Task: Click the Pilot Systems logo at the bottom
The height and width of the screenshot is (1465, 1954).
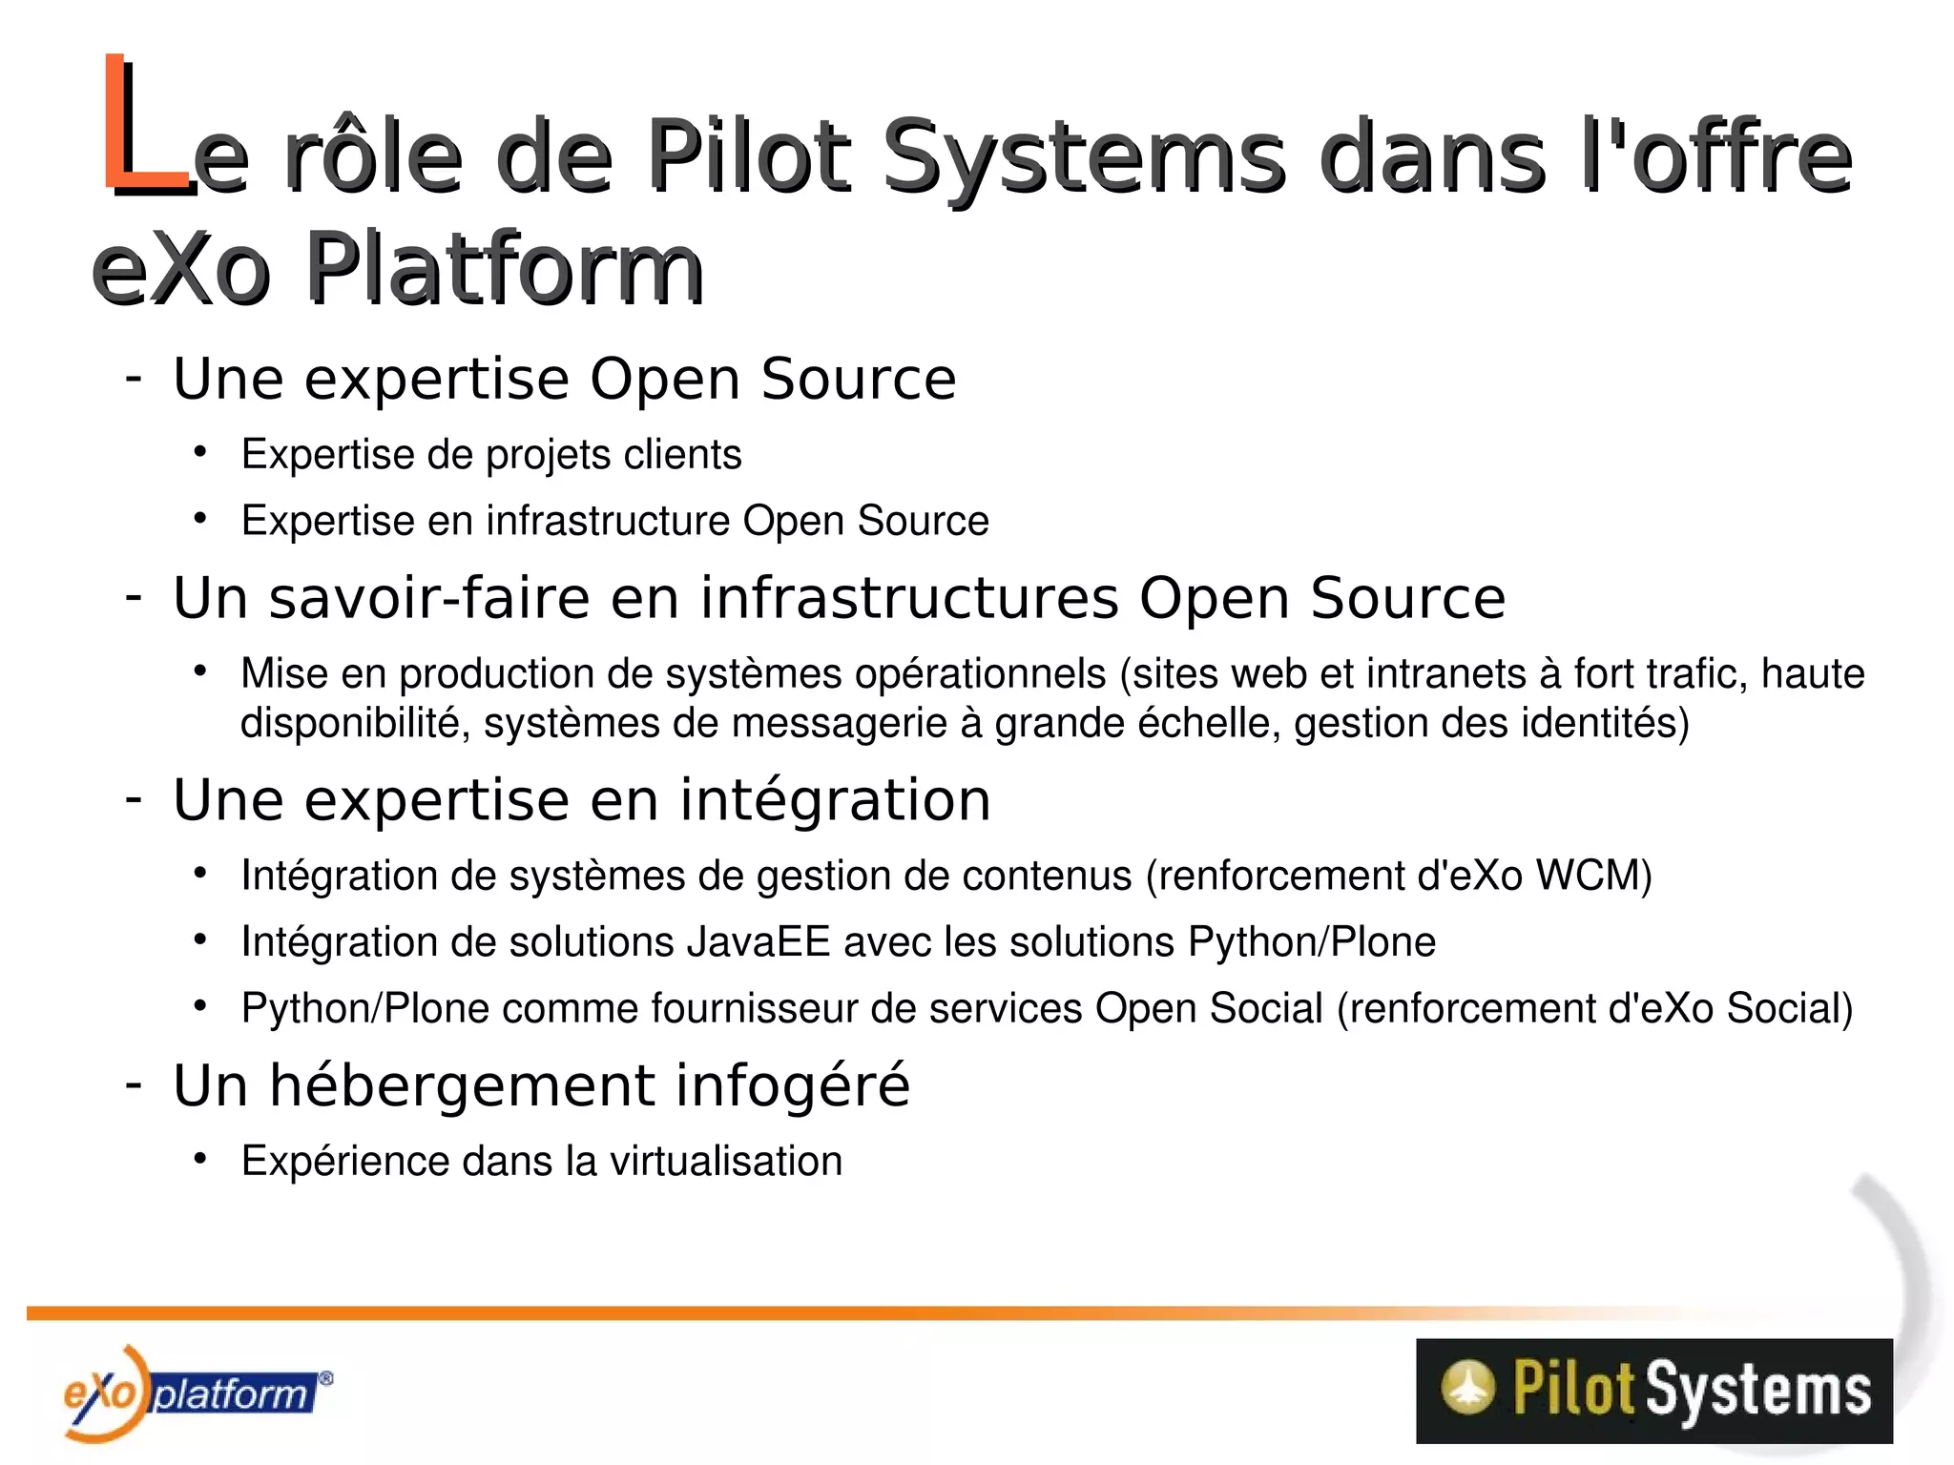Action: [1653, 1390]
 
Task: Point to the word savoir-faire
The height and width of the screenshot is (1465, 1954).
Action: [428, 599]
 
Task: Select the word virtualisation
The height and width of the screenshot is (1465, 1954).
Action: [726, 1162]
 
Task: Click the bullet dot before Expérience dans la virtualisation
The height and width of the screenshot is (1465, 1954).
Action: [199, 1159]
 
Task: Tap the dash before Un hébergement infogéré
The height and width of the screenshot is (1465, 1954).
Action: [134, 1084]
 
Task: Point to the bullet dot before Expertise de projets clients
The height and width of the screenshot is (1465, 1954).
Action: [199, 452]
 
